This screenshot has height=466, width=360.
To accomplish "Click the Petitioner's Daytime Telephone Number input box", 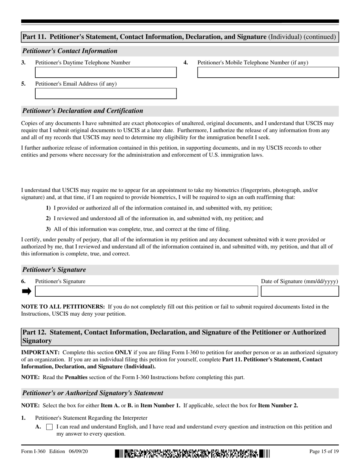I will pyautogui.click(x=106, y=72).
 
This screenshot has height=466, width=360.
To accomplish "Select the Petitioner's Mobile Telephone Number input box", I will pyautogui.click(x=268, y=72).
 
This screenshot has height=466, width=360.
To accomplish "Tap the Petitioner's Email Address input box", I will pyautogui.click(x=106, y=94).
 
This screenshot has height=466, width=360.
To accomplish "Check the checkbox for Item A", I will pyautogui.click(x=49, y=427).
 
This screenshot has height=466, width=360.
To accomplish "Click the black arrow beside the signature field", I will pyautogui.click(x=27, y=291).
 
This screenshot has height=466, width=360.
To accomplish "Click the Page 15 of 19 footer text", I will pyautogui.click(x=324, y=451).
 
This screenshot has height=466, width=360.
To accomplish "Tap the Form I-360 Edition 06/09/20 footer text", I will pyautogui.click(x=55, y=451).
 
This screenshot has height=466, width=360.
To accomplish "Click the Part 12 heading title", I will pyautogui.click(x=174, y=336).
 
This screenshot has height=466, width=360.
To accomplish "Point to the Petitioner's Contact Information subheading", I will pyautogui.click(x=70, y=51).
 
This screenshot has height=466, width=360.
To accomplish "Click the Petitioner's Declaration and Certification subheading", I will pyautogui.click(x=83, y=111).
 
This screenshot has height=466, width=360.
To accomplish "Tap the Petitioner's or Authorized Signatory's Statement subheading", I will pyautogui.click(x=93, y=393).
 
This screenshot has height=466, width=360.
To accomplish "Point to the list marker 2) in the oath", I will pyautogui.click(x=48, y=218).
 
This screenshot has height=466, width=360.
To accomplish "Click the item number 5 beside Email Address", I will pyautogui.click(x=23, y=84).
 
